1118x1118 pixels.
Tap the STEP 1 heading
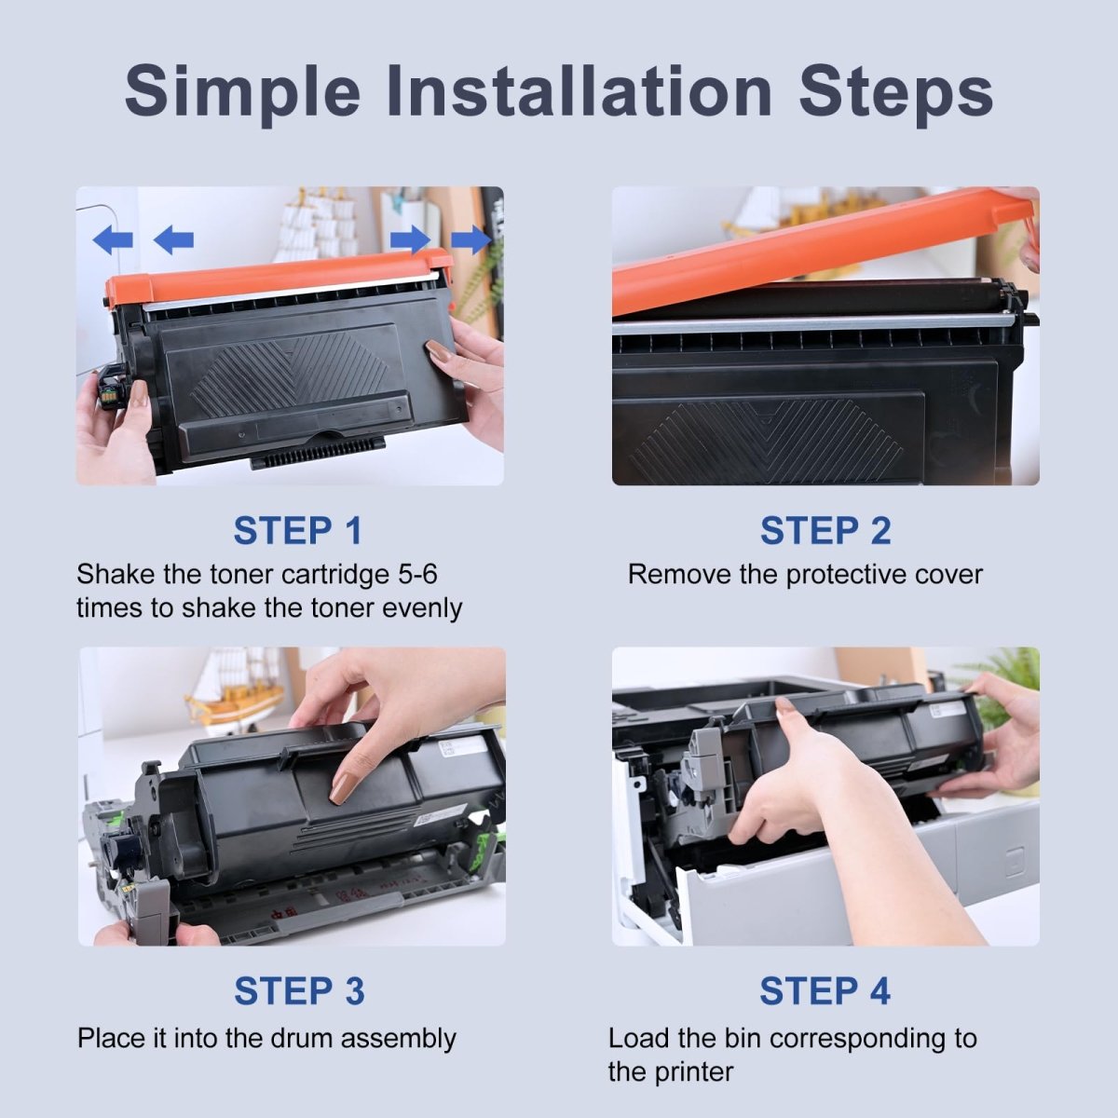297,530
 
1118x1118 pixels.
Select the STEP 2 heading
825,530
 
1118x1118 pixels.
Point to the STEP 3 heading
299,990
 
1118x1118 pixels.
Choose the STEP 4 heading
825,990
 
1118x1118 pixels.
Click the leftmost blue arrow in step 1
113,239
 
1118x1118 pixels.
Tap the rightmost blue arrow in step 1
470,239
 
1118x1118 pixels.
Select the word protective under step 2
845,575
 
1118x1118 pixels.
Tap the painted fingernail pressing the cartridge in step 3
342,785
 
